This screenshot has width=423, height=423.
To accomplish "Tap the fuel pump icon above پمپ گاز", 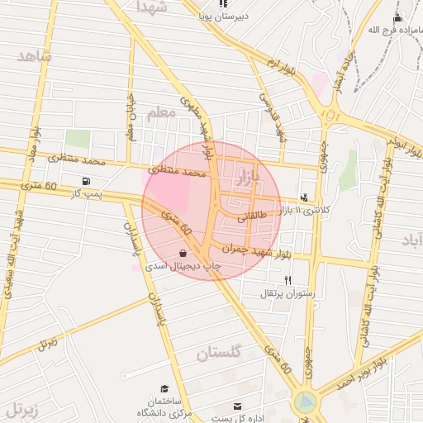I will [86, 181].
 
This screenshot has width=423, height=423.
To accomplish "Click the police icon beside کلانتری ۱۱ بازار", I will [305, 197].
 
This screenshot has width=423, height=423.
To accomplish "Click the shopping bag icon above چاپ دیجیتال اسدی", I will [183, 253].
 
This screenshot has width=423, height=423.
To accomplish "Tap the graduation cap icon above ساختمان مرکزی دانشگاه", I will [164, 388].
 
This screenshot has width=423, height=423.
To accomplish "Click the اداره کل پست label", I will [237, 418].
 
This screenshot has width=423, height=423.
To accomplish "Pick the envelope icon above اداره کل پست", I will [238, 406].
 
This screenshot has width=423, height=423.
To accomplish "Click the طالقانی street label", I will [253, 218].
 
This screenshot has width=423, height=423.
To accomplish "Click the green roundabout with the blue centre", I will [305, 402].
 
